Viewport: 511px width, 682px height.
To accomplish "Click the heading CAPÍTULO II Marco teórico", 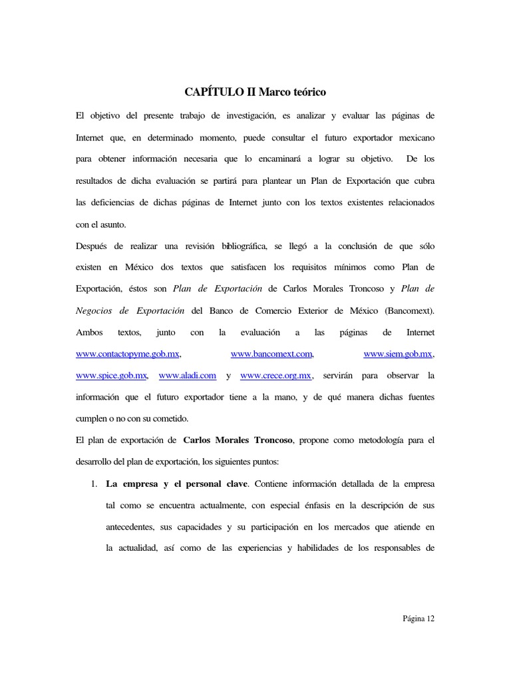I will [x=255, y=91].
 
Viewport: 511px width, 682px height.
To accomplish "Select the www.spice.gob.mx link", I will [x=111, y=376].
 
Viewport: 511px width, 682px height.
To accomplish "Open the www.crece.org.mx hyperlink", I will [x=275, y=376].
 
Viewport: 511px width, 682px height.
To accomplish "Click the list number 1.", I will [x=94, y=484].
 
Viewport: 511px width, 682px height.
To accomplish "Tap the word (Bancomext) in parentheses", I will [x=408, y=310].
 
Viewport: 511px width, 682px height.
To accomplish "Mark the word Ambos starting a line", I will [x=88, y=332].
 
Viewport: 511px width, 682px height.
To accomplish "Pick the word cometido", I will [x=171, y=419].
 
